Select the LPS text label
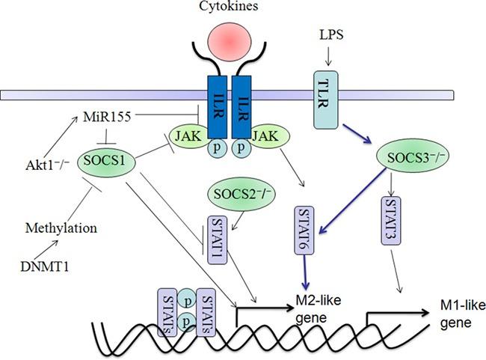[x=330, y=35]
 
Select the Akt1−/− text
[x=44, y=159]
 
